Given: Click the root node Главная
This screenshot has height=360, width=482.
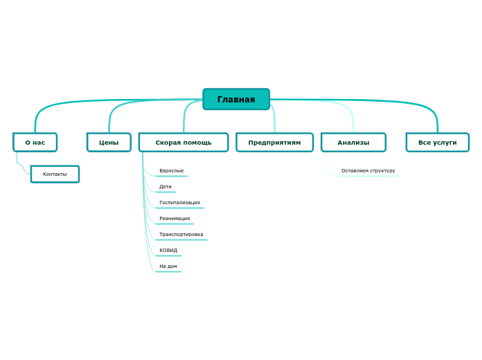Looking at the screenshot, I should pyautogui.click(x=236, y=100).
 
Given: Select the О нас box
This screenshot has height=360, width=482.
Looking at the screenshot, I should pyautogui.click(x=35, y=143).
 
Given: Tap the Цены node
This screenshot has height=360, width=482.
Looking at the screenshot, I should pyautogui.click(x=109, y=143).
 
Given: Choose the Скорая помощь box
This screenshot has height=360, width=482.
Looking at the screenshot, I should pyautogui.click(x=184, y=143).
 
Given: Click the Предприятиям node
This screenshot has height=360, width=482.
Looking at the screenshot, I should pyautogui.click(x=274, y=143).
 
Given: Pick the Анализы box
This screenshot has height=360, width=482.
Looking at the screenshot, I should pyautogui.click(x=353, y=143).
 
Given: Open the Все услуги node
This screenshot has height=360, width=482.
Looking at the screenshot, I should pyautogui.click(x=437, y=143).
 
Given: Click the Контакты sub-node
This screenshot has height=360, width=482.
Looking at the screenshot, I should pyautogui.click(x=55, y=174).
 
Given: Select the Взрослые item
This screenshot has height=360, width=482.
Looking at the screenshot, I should pyautogui.click(x=171, y=171).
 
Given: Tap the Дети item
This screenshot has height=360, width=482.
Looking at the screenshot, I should pyautogui.click(x=166, y=187).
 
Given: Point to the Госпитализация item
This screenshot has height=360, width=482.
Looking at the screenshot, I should pyautogui.click(x=179, y=203).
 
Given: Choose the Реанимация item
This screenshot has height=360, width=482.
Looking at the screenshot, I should pyautogui.click(x=175, y=219).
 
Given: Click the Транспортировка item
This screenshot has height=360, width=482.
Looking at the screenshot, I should pyautogui.click(x=181, y=235).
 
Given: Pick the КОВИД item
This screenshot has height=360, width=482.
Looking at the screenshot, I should pyautogui.click(x=168, y=251).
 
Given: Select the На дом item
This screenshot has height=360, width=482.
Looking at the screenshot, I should pyautogui.click(x=168, y=267).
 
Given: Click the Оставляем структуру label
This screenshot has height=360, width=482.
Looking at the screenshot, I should pyautogui.click(x=368, y=171).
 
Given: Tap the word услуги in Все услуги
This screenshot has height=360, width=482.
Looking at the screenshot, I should pyautogui.click(x=445, y=143).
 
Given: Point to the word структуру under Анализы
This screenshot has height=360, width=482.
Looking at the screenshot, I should pyautogui.click(x=382, y=171).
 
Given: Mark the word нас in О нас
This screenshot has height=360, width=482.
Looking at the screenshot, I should pyautogui.click(x=39, y=143).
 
